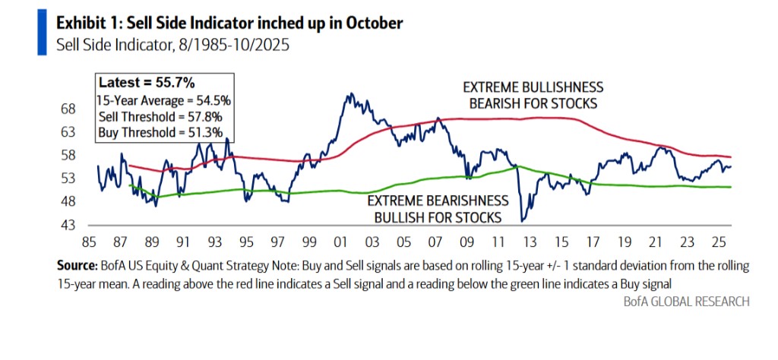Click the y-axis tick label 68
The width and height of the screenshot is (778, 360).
(x=68, y=109)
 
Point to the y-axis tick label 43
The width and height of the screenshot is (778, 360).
(x=68, y=226)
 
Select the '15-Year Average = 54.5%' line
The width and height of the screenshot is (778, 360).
(x=164, y=100)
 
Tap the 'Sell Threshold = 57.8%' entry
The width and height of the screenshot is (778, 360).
(x=162, y=116)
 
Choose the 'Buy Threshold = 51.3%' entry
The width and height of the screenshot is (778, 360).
(x=161, y=132)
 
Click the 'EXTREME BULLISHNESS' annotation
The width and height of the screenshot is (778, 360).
(x=533, y=87)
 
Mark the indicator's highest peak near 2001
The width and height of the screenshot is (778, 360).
(x=348, y=95)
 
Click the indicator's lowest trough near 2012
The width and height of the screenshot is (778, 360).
(x=522, y=221)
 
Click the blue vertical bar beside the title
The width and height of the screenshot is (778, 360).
(x=42, y=33)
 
